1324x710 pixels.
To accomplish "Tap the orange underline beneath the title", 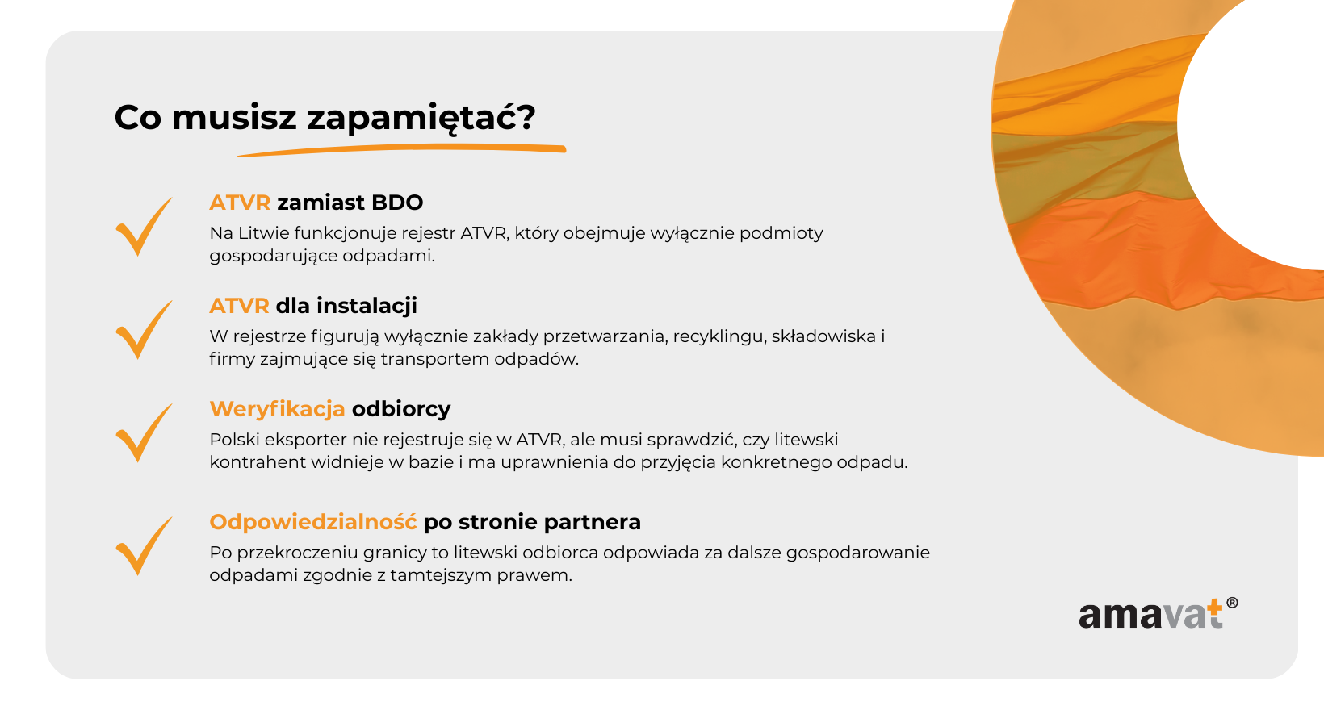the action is [x=402, y=149].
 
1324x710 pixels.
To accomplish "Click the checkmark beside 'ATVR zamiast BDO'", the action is [x=144, y=226].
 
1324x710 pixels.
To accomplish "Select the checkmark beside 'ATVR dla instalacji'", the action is [x=144, y=330].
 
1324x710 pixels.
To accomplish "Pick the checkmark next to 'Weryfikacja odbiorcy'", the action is [x=144, y=433].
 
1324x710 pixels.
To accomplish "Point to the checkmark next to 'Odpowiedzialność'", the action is [x=144, y=545].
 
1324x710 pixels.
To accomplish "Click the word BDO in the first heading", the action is [x=397, y=203].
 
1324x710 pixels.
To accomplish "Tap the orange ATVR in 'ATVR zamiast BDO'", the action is [x=240, y=203].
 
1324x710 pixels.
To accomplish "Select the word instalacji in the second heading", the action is [x=367, y=306].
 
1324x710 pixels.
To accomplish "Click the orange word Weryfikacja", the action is [x=277, y=409].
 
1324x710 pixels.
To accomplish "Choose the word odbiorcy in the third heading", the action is [x=401, y=409].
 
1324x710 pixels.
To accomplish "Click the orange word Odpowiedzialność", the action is [x=313, y=522].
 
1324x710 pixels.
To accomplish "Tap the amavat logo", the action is [x=1158, y=613].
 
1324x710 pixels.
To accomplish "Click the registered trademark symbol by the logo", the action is [x=1232, y=603].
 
